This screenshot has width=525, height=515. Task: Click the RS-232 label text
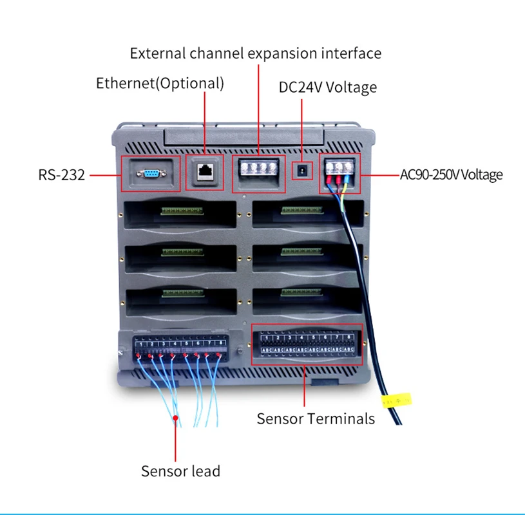[61, 174]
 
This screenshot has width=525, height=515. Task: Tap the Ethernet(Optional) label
[160, 83]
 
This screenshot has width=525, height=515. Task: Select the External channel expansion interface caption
[255, 53]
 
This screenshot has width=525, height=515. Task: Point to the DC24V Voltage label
[327, 87]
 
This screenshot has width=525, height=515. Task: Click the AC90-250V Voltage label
[451, 174]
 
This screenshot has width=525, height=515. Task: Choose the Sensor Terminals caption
[315, 418]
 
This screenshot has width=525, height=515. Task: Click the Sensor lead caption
[180, 471]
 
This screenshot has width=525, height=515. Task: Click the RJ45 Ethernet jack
[205, 171]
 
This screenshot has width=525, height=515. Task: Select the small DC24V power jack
[301, 171]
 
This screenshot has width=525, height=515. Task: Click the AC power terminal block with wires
[339, 170]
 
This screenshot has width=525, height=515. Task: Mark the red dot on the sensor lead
[175, 418]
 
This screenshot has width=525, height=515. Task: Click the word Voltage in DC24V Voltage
[351, 87]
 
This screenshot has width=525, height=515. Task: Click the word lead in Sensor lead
[205, 471]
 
